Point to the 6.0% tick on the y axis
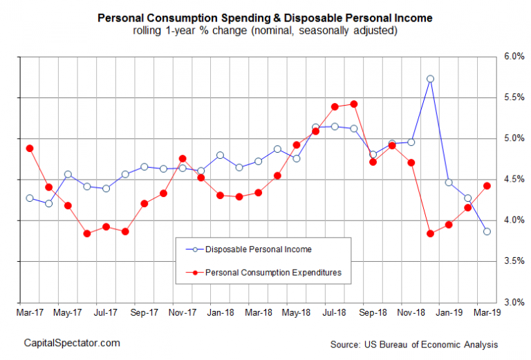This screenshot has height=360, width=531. [x=511, y=56]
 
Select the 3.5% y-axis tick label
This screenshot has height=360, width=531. [x=511, y=262]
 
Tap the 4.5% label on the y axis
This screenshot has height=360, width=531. [x=511, y=180]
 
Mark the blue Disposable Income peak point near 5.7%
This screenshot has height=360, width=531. [x=430, y=79]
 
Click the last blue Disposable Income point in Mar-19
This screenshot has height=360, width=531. [x=487, y=231]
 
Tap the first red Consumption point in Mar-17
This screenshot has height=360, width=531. [x=29, y=148]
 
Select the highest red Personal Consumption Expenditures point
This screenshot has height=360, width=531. [x=354, y=104]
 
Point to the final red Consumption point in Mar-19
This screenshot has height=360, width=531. [x=487, y=185]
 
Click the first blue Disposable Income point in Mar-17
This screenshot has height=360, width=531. [x=29, y=198]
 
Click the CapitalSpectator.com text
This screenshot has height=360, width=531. [x=72, y=343]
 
